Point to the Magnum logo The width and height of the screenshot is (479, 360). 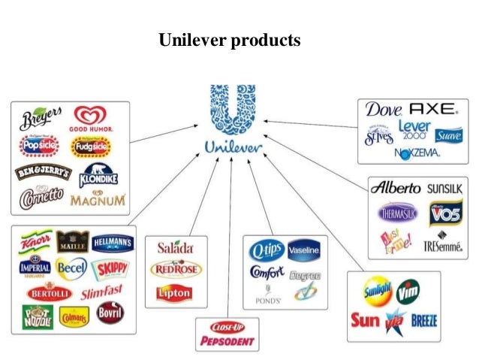(x=98, y=201)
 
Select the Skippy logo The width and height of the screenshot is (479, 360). (x=110, y=268)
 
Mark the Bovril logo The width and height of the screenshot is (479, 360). (x=110, y=311)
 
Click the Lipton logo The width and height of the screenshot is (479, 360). (x=174, y=293)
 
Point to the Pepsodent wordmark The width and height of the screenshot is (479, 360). (x=227, y=341)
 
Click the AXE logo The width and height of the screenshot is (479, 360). (x=432, y=109)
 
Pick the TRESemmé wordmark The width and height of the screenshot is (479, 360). (x=442, y=246)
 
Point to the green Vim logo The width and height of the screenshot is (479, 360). (x=408, y=289)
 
